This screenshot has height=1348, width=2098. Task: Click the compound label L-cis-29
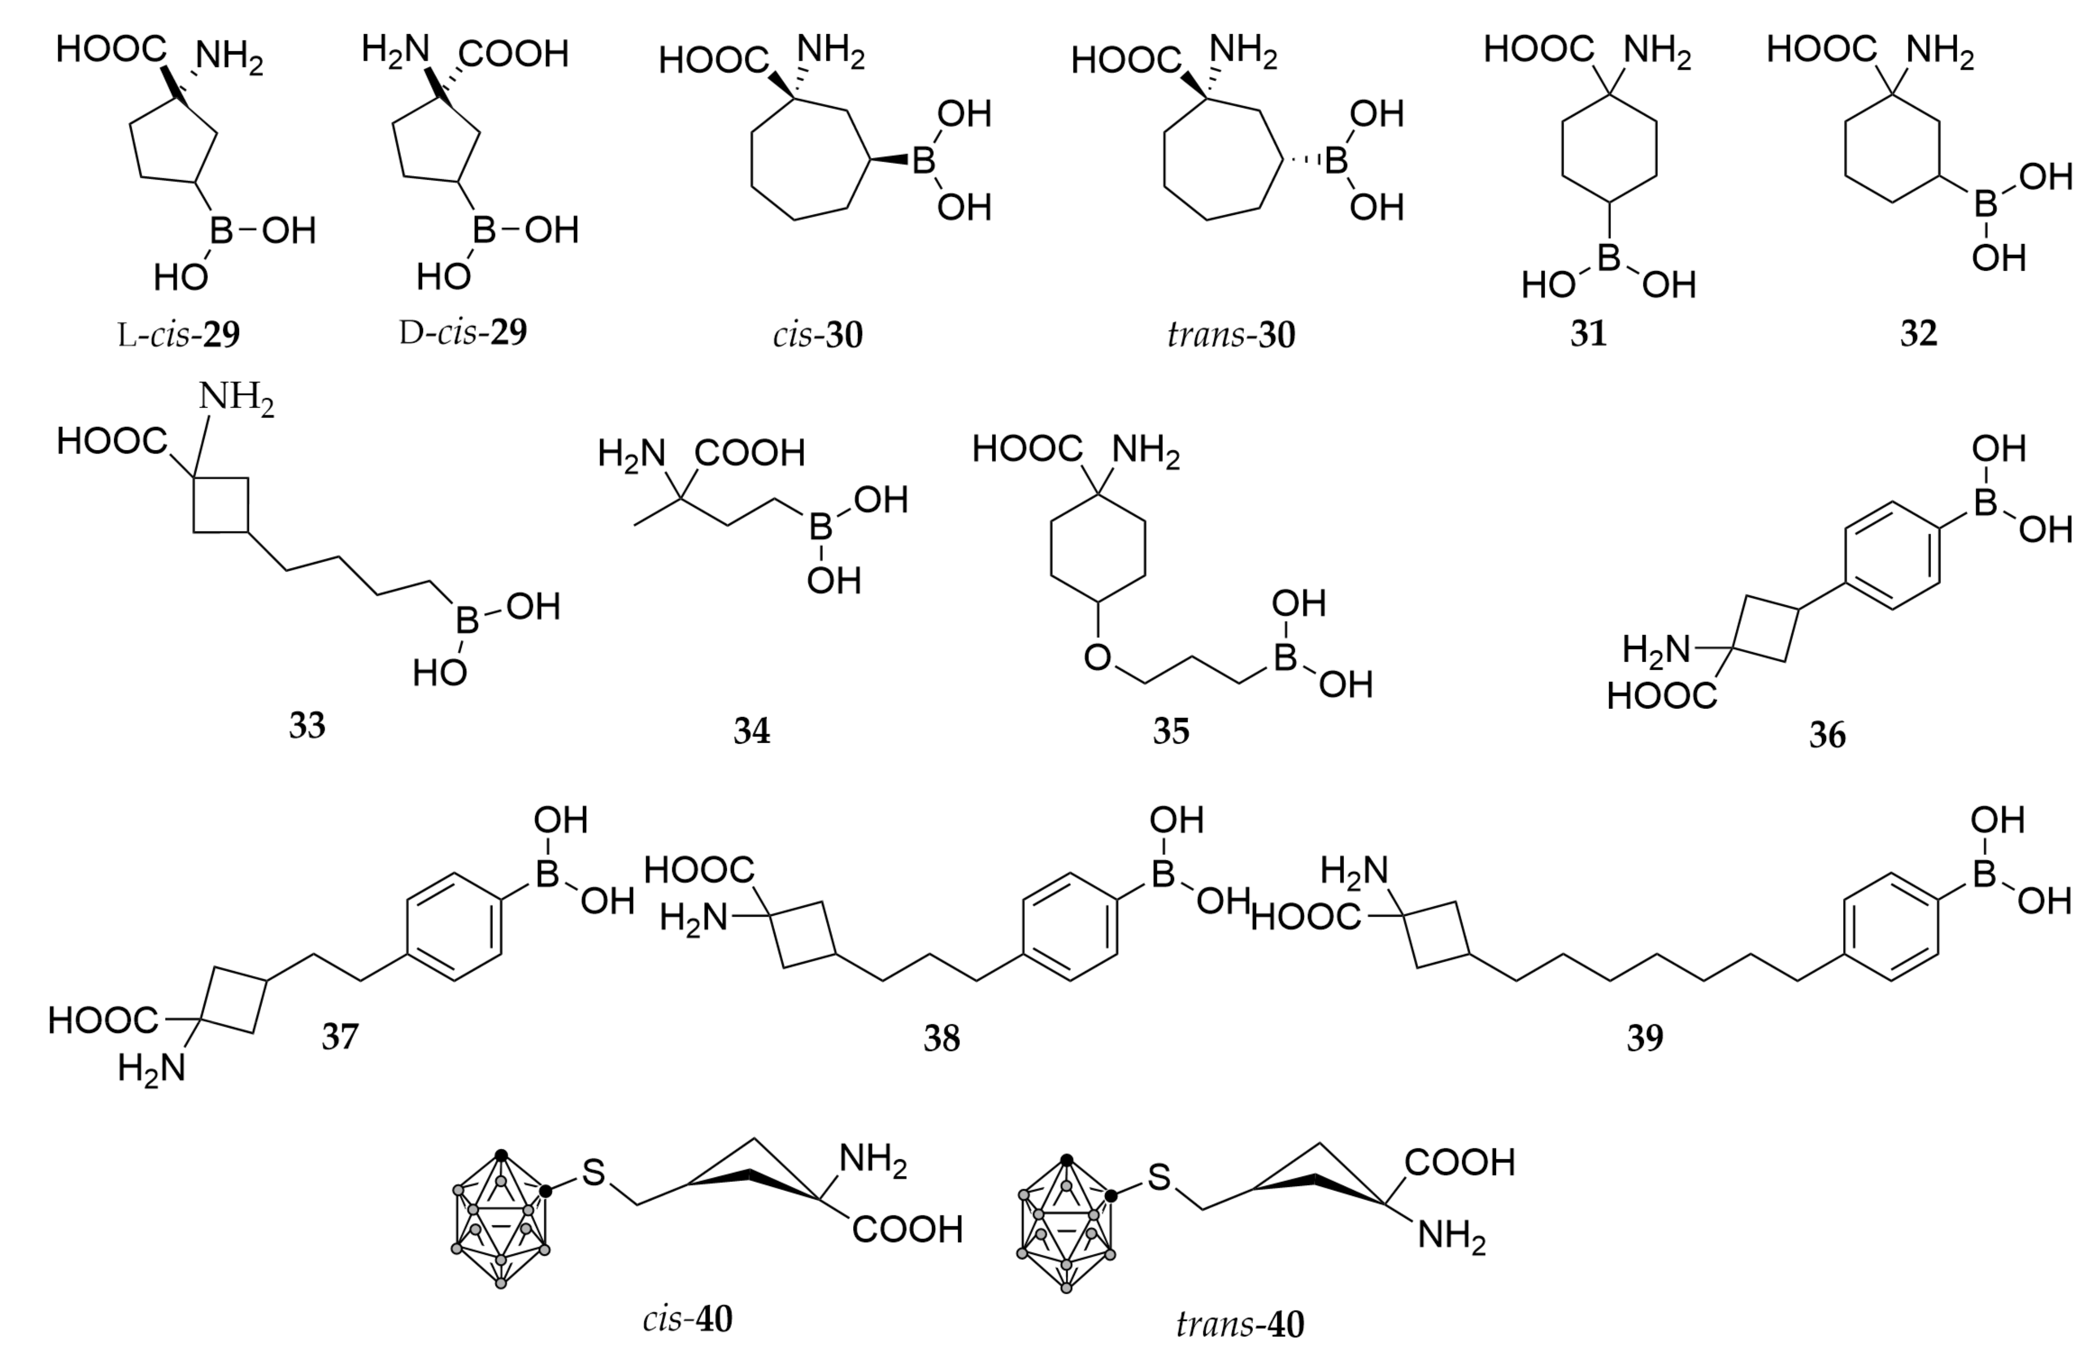coord(179,335)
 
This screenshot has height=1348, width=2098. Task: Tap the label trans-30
coord(1231,335)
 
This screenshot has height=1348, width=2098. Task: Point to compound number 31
coord(1588,334)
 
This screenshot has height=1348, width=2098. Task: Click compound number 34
coord(751,731)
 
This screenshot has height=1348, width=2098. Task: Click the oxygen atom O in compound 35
coord(1097,657)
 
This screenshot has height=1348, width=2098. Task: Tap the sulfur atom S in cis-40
coord(593,1173)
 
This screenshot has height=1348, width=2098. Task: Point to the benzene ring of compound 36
coord(1892,555)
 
